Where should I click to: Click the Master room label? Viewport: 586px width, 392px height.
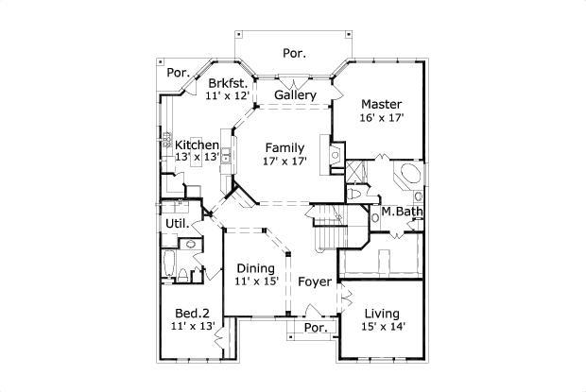tap(381, 104)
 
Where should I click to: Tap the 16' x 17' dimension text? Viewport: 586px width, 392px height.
tap(381, 119)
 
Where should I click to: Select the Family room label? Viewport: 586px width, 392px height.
tap(284, 147)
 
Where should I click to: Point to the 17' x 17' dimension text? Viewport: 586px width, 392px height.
tap(284, 162)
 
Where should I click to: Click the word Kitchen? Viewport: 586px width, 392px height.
tap(197, 145)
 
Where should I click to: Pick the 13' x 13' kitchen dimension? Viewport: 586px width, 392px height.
tap(197, 158)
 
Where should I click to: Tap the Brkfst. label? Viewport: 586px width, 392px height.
tap(228, 82)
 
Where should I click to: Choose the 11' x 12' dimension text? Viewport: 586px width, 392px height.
tap(228, 96)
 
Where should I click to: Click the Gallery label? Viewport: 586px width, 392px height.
tap(295, 95)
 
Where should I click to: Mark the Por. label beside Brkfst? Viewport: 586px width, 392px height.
tap(178, 73)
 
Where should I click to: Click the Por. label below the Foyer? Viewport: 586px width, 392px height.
tap(315, 328)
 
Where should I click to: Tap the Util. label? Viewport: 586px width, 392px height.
tap(177, 224)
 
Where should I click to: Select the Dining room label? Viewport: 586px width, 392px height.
tap(255, 267)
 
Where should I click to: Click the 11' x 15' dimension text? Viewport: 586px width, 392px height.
tap(255, 281)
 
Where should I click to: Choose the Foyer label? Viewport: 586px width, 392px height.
tap(314, 281)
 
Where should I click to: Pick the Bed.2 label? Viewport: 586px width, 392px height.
tap(192, 313)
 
